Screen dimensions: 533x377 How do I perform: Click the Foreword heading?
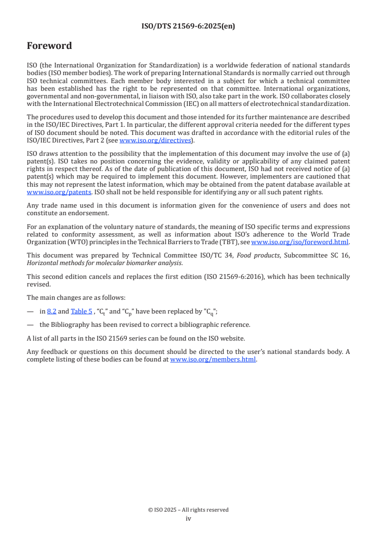click(49, 46)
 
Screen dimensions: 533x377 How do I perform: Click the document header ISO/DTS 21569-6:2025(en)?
click(188, 27)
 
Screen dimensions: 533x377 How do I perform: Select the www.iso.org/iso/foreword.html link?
click(300, 242)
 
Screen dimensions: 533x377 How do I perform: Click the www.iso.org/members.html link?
click(213, 360)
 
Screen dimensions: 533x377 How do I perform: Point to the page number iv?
click(188, 519)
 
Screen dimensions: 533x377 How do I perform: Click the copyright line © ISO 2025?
click(188, 510)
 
